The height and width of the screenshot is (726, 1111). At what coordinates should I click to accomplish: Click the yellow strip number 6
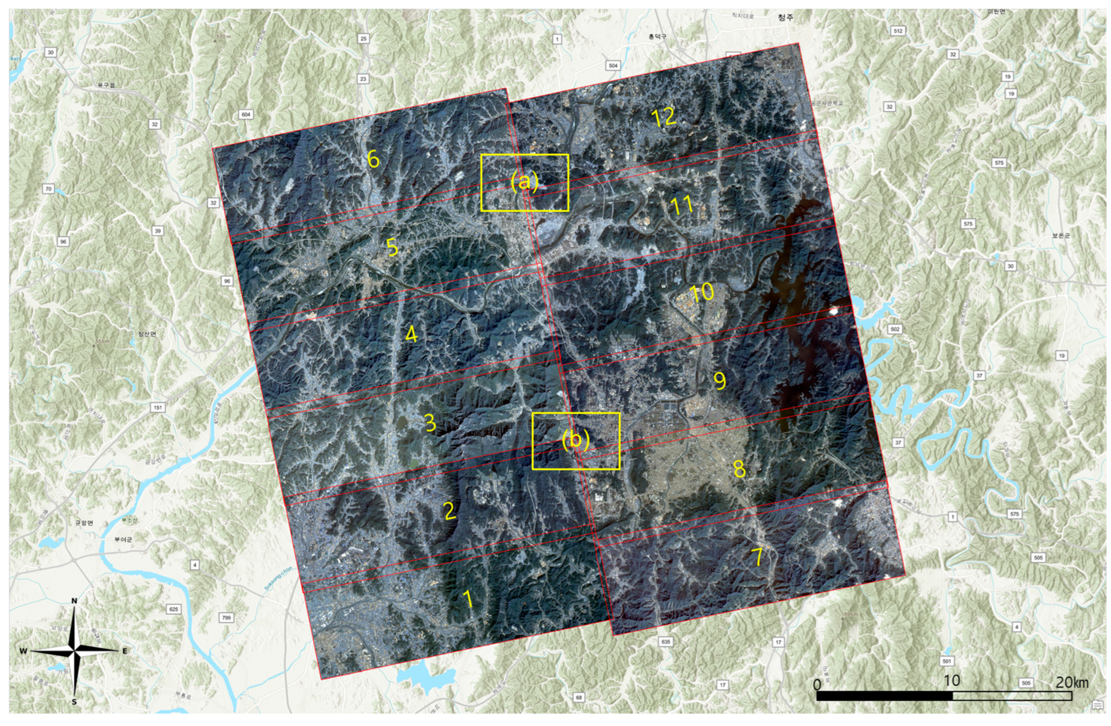(x=373, y=159)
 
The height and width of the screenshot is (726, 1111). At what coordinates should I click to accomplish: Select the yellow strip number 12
(x=664, y=117)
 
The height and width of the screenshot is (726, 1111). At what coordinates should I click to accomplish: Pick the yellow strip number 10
(x=701, y=293)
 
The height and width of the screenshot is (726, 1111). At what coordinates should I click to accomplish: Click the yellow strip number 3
(x=430, y=423)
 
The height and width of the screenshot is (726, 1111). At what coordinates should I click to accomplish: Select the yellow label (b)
(x=575, y=440)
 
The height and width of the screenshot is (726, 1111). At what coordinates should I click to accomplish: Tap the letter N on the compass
(x=74, y=601)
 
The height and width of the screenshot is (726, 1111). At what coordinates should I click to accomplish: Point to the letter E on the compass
(x=125, y=651)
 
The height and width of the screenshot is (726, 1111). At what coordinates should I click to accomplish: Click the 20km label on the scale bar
(x=1072, y=682)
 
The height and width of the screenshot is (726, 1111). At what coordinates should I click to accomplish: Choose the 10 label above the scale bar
(x=951, y=681)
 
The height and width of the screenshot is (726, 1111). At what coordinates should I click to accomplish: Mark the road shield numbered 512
(x=898, y=31)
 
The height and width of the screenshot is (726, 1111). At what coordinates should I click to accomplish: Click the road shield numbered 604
(x=246, y=114)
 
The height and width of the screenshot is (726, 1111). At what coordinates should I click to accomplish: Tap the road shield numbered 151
(x=158, y=407)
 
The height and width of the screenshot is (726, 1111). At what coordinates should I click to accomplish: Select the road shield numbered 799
(x=226, y=617)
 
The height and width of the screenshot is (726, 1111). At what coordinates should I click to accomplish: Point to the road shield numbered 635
(x=666, y=641)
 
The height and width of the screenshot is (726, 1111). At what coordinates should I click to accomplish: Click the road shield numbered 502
(x=895, y=329)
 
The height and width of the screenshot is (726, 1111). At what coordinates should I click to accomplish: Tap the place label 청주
(x=785, y=17)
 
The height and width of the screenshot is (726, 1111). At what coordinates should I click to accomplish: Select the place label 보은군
(x=1060, y=235)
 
